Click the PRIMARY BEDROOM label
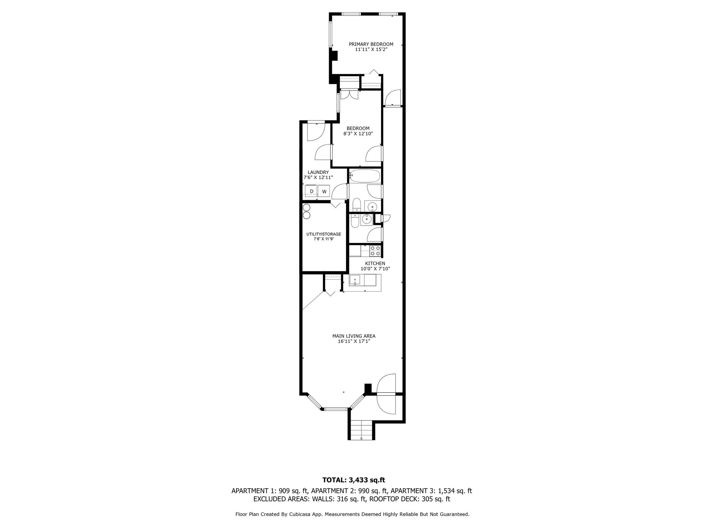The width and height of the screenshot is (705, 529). pos(371,44)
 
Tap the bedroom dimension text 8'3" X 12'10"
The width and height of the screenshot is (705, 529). pos(358,134)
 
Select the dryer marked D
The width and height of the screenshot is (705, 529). pos(312,191)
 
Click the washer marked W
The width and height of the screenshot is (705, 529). pos(324,191)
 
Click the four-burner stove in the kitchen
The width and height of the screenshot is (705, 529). pos(375,251)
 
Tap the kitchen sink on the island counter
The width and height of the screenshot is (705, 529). pos(355,280)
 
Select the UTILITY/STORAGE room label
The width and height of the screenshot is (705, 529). pos(324,234)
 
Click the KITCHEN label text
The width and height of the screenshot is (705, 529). pos(375,263)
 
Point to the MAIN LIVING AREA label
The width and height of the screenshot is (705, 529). pos(354,336)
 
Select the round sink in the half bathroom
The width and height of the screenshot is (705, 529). pos(367,219)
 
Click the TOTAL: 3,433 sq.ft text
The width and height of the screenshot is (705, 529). pos(354,480)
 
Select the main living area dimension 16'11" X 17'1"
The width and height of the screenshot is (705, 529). pos(354,341)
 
